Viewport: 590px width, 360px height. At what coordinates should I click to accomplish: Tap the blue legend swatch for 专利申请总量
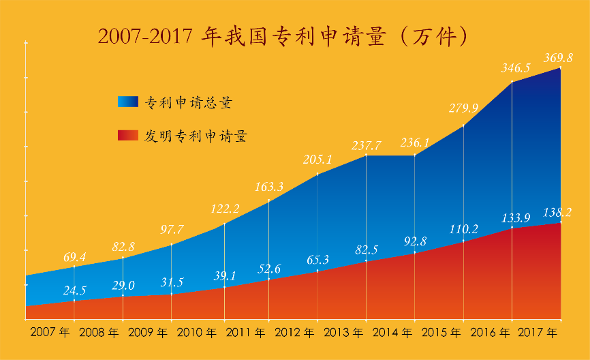(127, 102)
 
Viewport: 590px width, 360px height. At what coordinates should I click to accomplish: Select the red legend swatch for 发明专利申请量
(127, 136)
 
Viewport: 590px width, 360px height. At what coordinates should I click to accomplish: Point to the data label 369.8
(558, 59)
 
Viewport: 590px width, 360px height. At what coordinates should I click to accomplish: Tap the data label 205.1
(318, 160)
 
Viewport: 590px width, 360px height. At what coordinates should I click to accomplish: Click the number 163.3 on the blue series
(270, 185)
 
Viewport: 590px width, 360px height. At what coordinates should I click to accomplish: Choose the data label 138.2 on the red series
(558, 213)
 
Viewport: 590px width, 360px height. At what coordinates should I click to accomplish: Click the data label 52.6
(270, 269)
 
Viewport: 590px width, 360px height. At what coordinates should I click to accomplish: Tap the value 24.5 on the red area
(74, 290)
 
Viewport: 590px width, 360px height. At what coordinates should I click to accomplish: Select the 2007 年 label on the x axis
(50, 333)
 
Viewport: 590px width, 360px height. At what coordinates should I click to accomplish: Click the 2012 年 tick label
(294, 333)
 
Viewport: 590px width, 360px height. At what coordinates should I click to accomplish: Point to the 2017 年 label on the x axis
(538, 333)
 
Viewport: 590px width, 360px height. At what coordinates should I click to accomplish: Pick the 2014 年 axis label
(392, 333)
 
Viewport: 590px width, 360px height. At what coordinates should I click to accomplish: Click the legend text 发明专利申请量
(195, 136)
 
